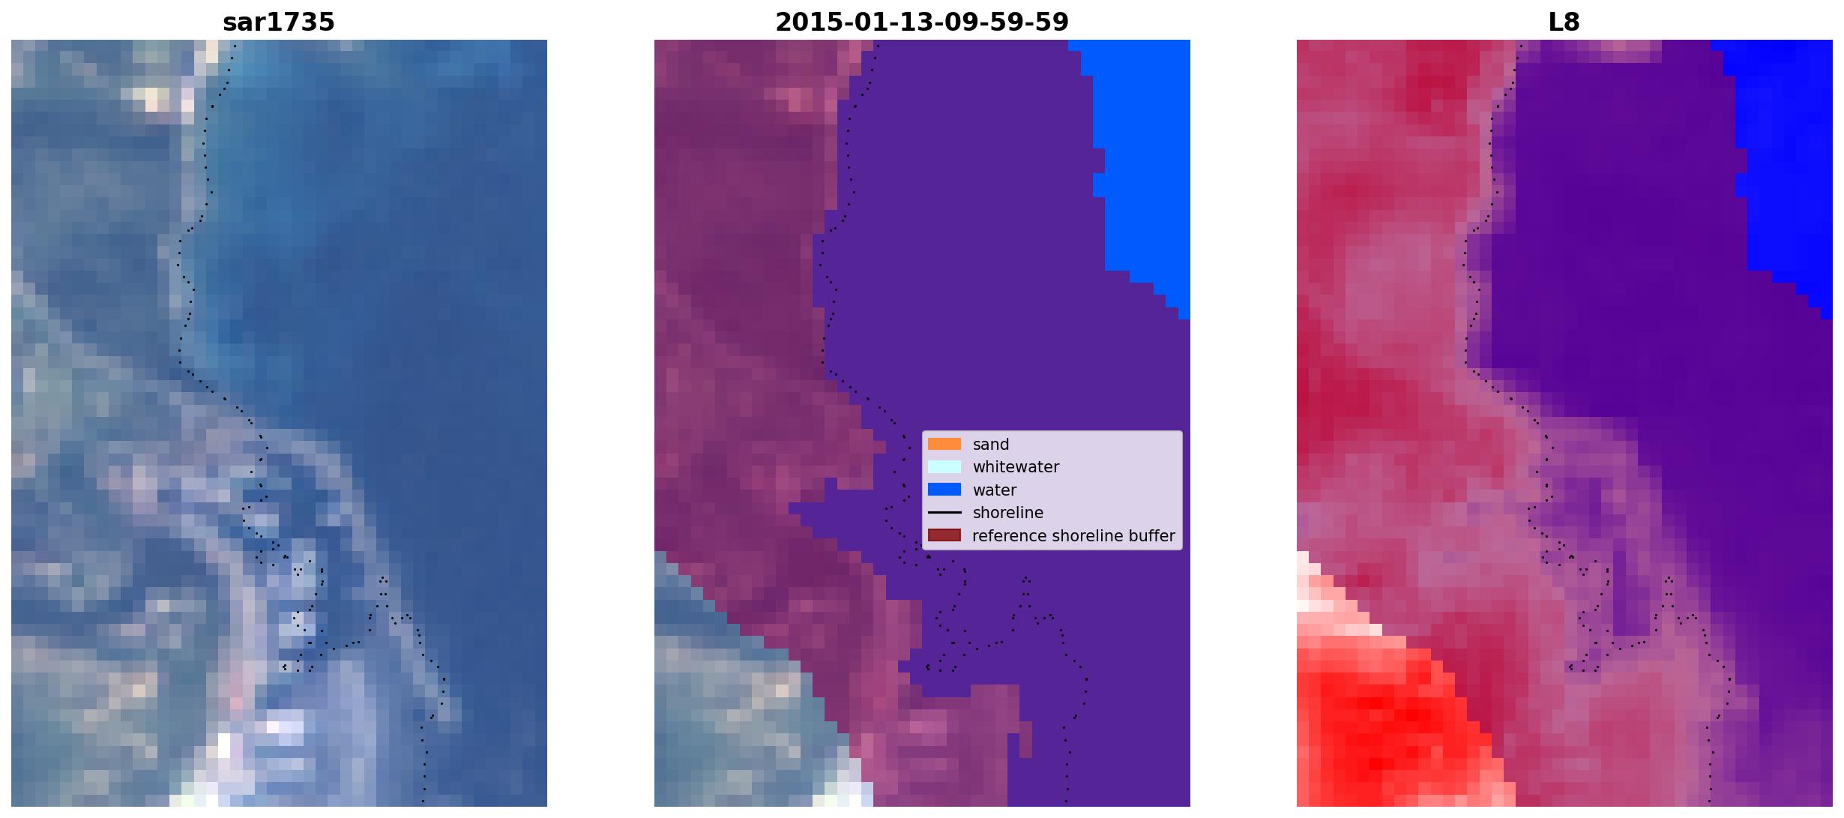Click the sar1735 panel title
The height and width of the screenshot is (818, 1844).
[x=279, y=22]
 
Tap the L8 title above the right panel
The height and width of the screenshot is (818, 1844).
[x=1564, y=22]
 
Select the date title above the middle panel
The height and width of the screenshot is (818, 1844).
[x=922, y=22]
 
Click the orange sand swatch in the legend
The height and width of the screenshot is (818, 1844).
[x=944, y=444]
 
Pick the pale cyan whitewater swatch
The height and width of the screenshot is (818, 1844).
[x=944, y=466]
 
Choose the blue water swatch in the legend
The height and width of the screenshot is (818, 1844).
[x=944, y=490]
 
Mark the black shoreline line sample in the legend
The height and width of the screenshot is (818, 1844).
[x=944, y=513]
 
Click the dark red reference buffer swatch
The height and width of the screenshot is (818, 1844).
[x=944, y=535]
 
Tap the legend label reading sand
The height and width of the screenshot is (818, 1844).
[x=991, y=445]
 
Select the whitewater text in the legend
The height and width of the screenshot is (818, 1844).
[x=1016, y=467]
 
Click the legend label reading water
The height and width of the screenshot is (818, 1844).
[x=995, y=490]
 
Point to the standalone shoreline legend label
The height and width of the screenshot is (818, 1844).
[x=1008, y=513]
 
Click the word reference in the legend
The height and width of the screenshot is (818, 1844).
[x=1010, y=536]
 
